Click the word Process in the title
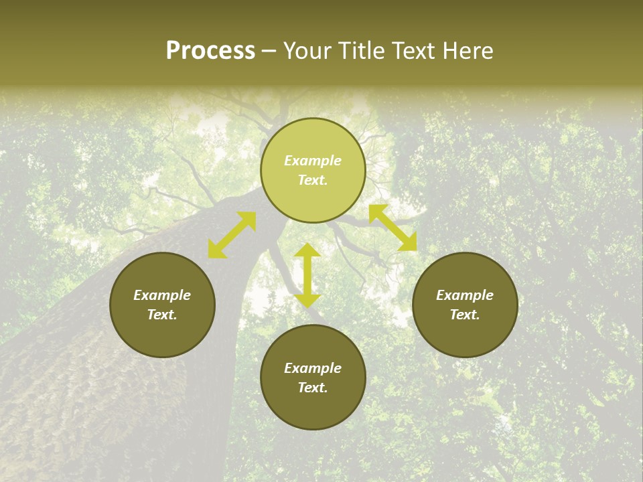(210, 51)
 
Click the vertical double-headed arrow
(307, 275)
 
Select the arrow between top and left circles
(232, 235)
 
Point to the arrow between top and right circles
(392, 228)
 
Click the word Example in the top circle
(313, 161)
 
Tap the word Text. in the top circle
(313, 180)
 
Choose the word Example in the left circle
(162, 295)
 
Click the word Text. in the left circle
(162, 315)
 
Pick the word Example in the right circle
(465, 295)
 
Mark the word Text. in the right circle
(465, 315)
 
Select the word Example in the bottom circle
(313, 368)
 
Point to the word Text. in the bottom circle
(313, 388)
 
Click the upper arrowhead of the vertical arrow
(307, 251)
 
